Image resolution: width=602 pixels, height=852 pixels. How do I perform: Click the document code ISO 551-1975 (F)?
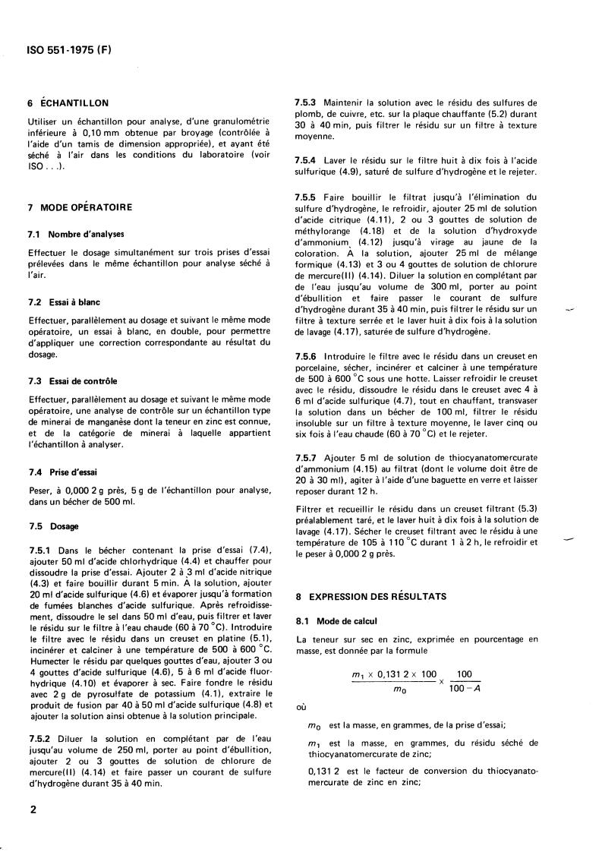pos(69,52)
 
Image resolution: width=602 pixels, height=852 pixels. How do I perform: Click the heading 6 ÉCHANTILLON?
pos(68,103)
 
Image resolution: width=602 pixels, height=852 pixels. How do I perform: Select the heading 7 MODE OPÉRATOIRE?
pos(80,207)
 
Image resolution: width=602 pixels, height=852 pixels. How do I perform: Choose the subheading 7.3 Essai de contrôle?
pos(73,380)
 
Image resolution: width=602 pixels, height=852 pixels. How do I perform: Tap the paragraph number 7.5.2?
pos(39,738)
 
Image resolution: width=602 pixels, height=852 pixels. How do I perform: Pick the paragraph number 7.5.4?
pos(307,161)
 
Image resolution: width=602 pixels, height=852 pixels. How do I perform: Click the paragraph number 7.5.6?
pos(307,356)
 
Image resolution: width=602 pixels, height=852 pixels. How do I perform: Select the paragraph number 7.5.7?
pos(307,459)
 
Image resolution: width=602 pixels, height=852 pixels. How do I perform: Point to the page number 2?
pos(33,810)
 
